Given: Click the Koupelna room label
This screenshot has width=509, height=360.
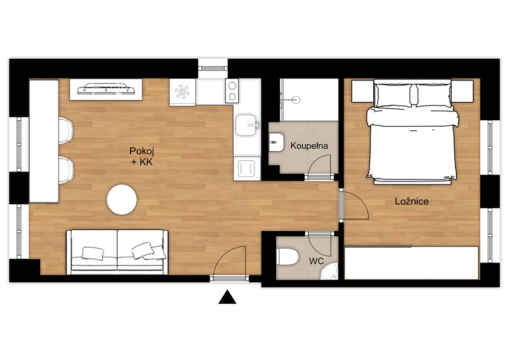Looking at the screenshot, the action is pos(309,146).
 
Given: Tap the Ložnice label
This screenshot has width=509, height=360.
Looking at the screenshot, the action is pos(412,201).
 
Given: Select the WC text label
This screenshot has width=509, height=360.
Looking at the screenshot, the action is pos(316,261).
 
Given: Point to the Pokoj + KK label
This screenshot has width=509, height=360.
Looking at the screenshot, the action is pos(142,156).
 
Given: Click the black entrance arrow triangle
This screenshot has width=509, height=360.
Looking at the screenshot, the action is pos(227,297).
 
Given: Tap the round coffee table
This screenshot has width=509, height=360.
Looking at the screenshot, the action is pos(122,199).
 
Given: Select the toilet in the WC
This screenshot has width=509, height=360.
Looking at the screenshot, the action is pos(287,257).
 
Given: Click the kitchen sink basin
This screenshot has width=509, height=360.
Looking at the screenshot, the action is pos(246,125).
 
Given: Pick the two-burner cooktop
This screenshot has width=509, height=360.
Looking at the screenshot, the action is pos(232,91).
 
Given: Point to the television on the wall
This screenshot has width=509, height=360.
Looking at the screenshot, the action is pos(106,90).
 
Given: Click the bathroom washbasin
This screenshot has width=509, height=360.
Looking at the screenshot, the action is pos(276,142).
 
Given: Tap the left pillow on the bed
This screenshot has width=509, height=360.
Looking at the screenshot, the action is pos(394,95).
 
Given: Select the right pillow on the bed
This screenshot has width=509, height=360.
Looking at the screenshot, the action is pos(433,95).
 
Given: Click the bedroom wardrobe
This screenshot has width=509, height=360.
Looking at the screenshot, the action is pos(411,263).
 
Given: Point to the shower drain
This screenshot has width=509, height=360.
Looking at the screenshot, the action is pos(296,99).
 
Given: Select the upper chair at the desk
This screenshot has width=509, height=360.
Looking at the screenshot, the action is pos(66,130).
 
